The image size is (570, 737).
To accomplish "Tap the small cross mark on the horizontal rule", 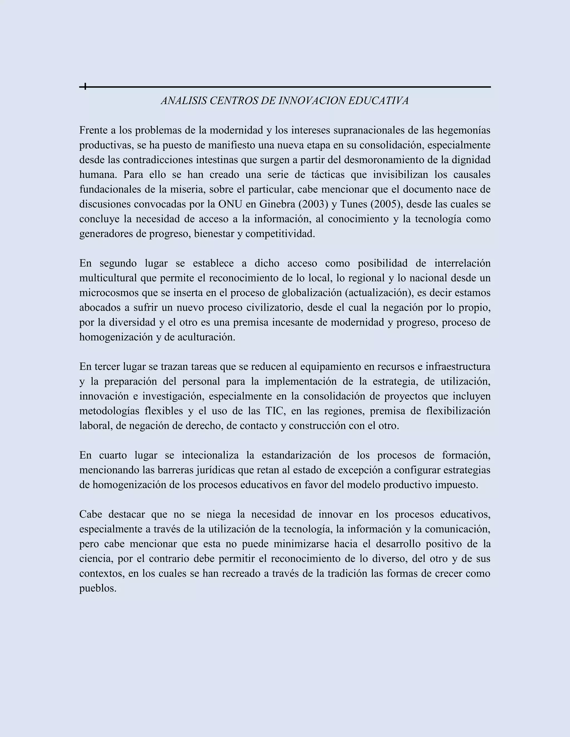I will tap(85, 87).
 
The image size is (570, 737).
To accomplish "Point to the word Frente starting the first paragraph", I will tap(94, 130).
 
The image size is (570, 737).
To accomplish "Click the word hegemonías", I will tap(464, 130).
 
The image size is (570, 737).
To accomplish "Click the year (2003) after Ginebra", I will tap(314, 204).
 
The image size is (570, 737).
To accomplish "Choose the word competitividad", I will tap(280, 234).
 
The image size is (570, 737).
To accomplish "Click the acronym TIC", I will tap(275, 411).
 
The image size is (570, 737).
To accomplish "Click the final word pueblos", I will tap(98, 588).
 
